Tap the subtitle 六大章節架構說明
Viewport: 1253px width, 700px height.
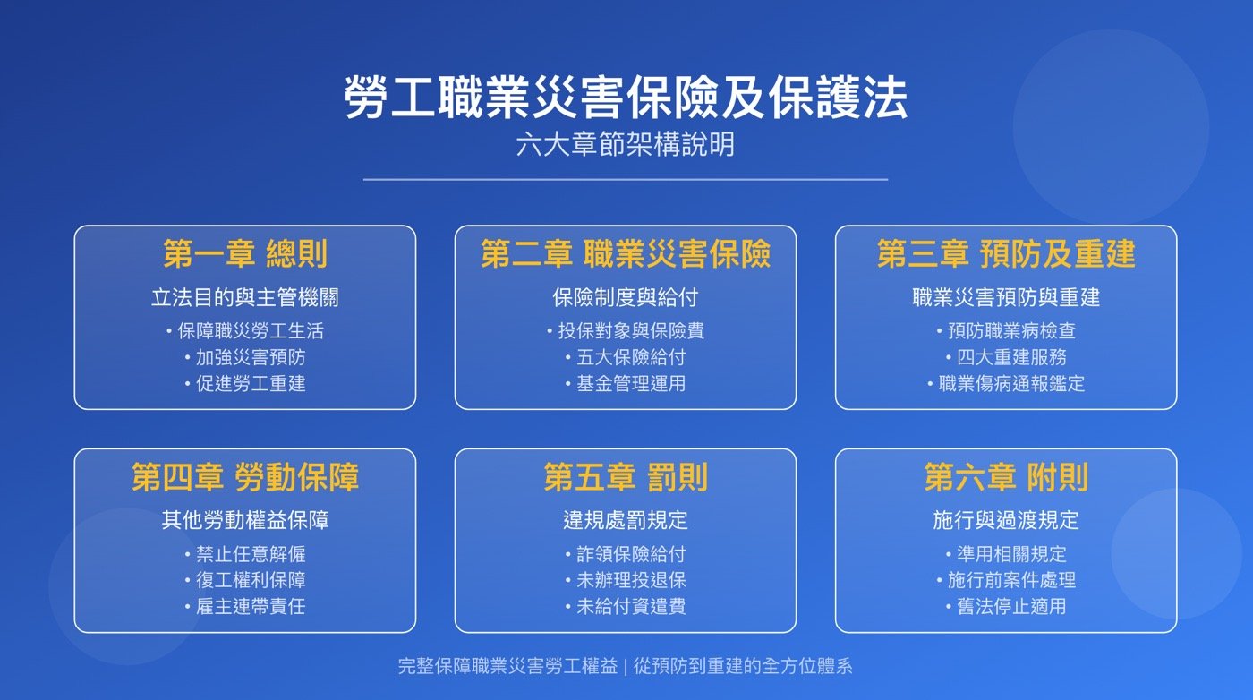626,144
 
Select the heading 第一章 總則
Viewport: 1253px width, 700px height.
245,254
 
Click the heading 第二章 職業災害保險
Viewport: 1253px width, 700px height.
626,254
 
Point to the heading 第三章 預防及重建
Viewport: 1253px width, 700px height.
1006,254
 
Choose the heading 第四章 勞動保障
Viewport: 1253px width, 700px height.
245,477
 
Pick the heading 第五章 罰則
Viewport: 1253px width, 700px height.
626,477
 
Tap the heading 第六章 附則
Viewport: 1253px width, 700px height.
1006,477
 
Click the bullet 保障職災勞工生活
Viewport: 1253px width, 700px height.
250,331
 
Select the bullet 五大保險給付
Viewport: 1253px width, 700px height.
631,357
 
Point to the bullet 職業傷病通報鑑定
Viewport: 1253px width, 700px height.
1011,384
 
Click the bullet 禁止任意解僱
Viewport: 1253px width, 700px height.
251,554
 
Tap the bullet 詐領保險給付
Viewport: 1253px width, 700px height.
631,554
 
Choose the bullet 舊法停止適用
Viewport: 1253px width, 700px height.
1011,606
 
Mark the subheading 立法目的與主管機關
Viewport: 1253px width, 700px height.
245,297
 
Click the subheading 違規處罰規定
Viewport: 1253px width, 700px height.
626,520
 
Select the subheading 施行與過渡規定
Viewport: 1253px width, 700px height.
1006,520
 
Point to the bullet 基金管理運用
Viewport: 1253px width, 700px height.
631,384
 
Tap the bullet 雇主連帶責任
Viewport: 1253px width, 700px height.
251,606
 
